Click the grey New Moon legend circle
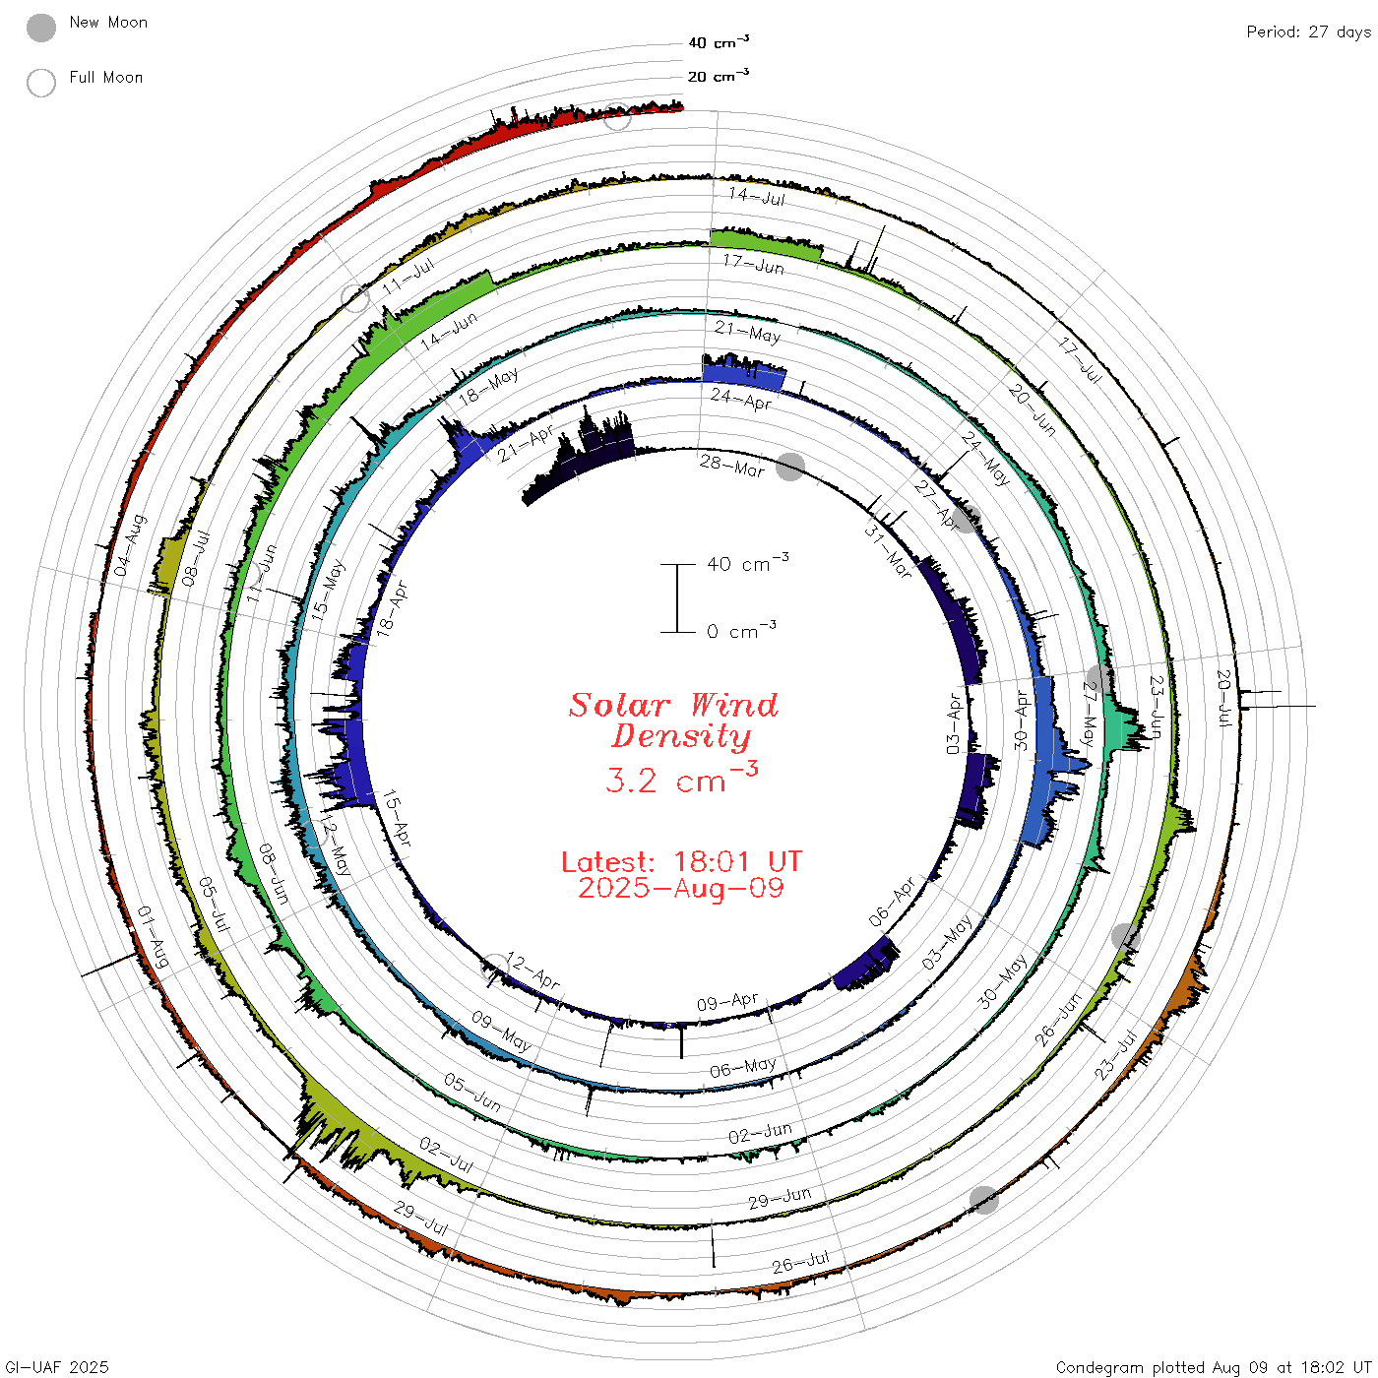[x=40, y=28]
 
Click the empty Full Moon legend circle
[x=40, y=83]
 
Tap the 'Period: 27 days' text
[x=1308, y=32]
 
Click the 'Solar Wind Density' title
[x=673, y=720]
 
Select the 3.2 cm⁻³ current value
[x=681, y=778]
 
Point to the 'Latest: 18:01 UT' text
[x=681, y=861]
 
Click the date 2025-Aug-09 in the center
[x=681, y=888]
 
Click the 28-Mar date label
[x=731, y=466]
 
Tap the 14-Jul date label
[x=757, y=196]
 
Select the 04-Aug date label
[x=130, y=545]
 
